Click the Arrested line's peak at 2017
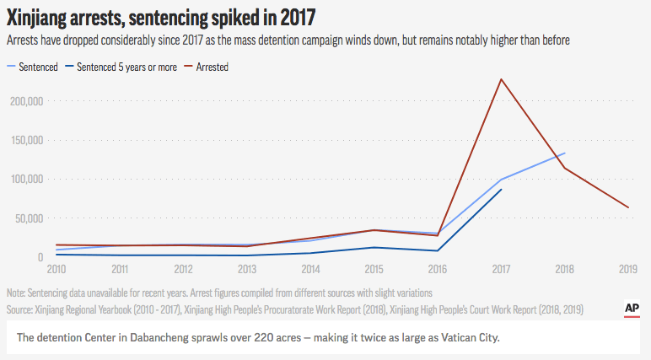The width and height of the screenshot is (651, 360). [502, 79]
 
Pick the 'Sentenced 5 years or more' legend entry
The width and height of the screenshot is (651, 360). [127, 67]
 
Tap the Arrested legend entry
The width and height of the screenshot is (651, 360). [211, 67]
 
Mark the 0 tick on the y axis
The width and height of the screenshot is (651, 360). [40, 257]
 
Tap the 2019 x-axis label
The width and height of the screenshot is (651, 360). [628, 269]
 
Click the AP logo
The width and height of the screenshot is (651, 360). [631, 309]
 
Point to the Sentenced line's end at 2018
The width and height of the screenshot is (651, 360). [564, 153]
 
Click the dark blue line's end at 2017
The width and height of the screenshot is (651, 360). [502, 189]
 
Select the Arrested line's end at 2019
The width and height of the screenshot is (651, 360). [628, 207]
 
